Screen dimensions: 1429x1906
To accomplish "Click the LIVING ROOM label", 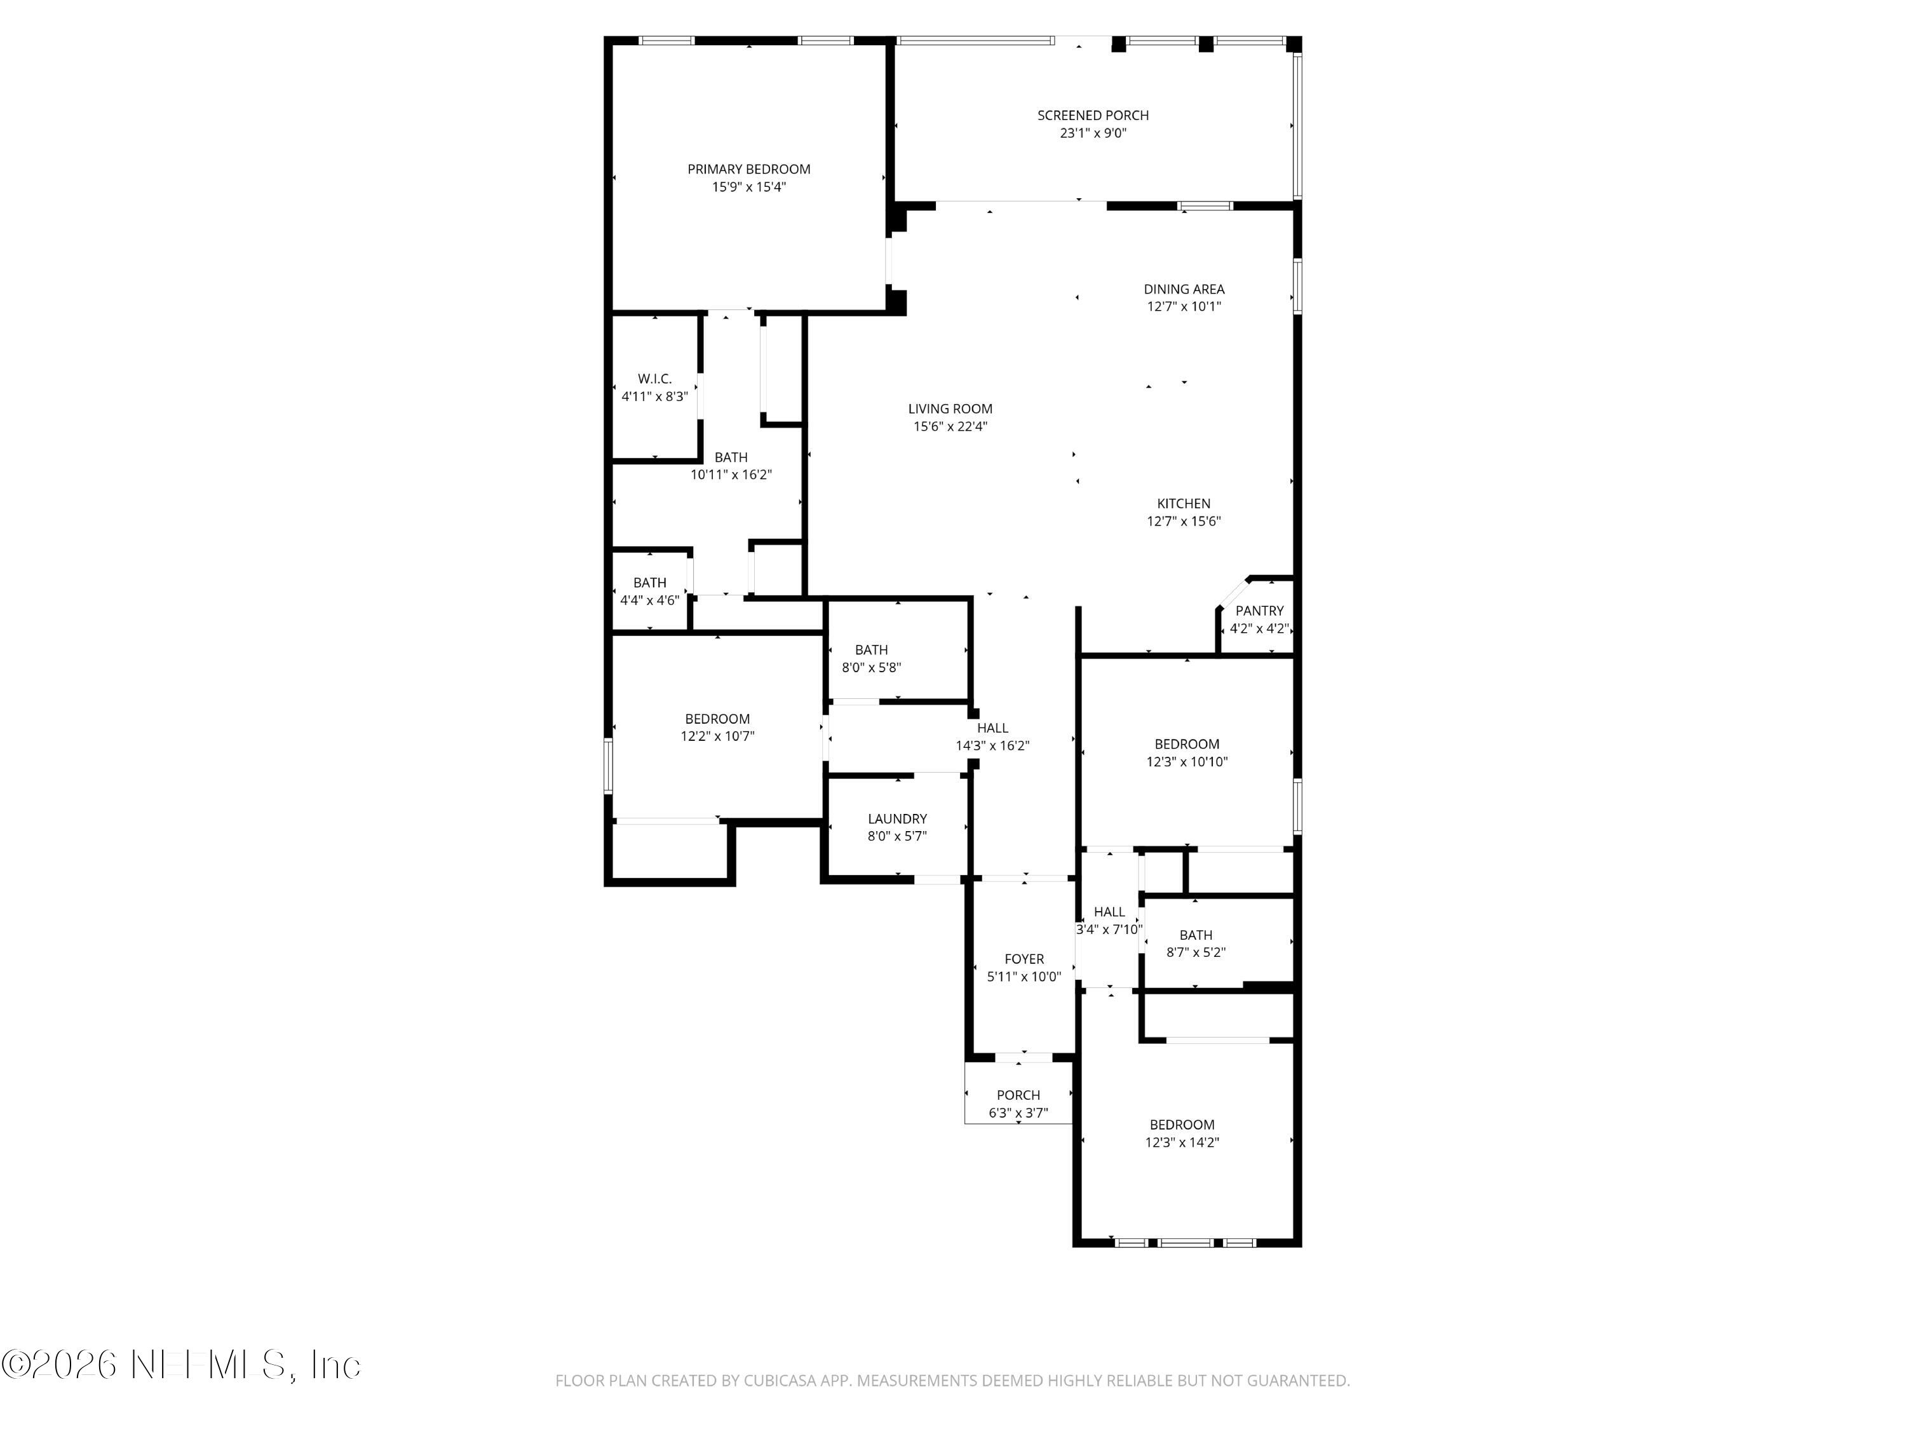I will pyautogui.click(x=950, y=409).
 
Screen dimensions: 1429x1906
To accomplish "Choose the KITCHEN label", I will pyautogui.click(x=1183, y=503).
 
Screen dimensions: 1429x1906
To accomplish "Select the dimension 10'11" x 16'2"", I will pyautogui.click(x=731, y=475).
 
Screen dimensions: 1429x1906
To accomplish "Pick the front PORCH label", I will pyautogui.click(x=1018, y=1095).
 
